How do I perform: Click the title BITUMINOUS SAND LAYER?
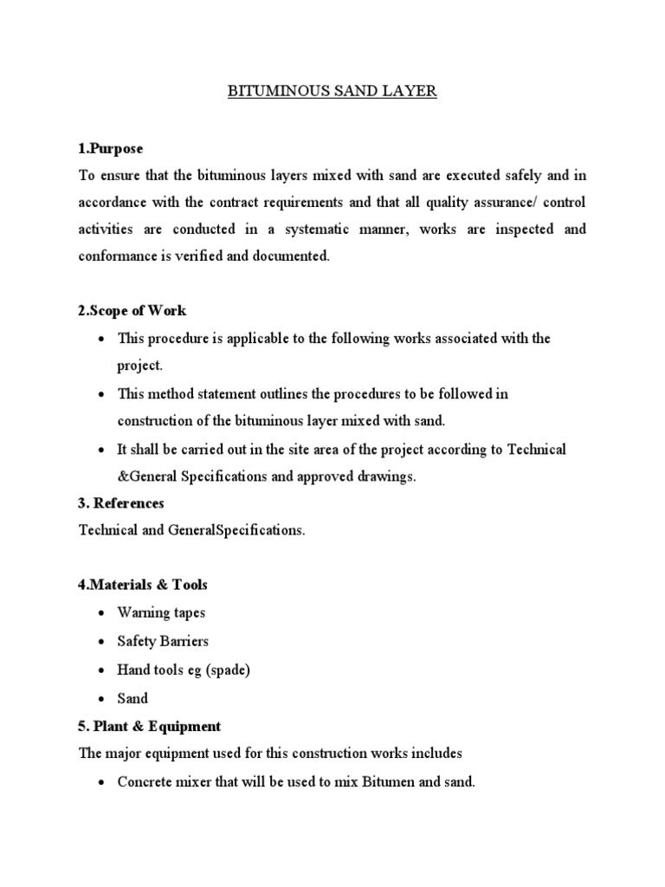pyautogui.click(x=332, y=92)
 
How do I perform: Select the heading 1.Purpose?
pyautogui.click(x=111, y=149)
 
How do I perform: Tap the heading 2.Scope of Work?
pyautogui.click(x=132, y=310)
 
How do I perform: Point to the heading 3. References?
pyautogui.click(x=121, y=503)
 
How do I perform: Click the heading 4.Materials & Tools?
pyautogui.click(x=143, y=585)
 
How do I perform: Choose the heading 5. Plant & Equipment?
pyautogui.click(x=150, y=726)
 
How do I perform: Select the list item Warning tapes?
pyautogui.click(x=161, y=612)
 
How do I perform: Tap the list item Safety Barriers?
pyautogui.click(x=163, y=641)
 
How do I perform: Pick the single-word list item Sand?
pyautogui.click(x=132, y=698)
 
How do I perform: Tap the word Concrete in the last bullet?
pyautogui.click(x=144, y=782)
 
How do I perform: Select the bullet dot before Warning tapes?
pyautogui.click(x=102, y=613)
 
